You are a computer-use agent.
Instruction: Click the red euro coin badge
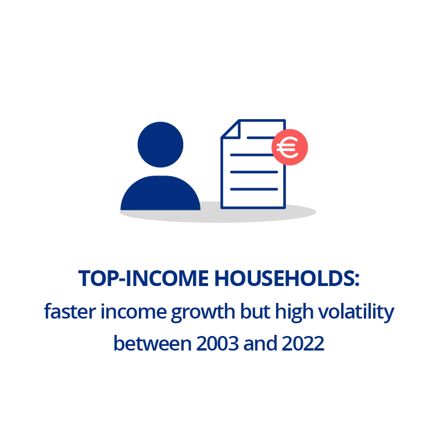point(290,147)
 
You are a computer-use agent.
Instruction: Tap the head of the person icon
point(160,144)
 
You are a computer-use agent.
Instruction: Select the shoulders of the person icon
point(160,194)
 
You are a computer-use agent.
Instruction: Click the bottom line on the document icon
point(254,189)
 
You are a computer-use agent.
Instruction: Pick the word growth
point(196,312)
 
